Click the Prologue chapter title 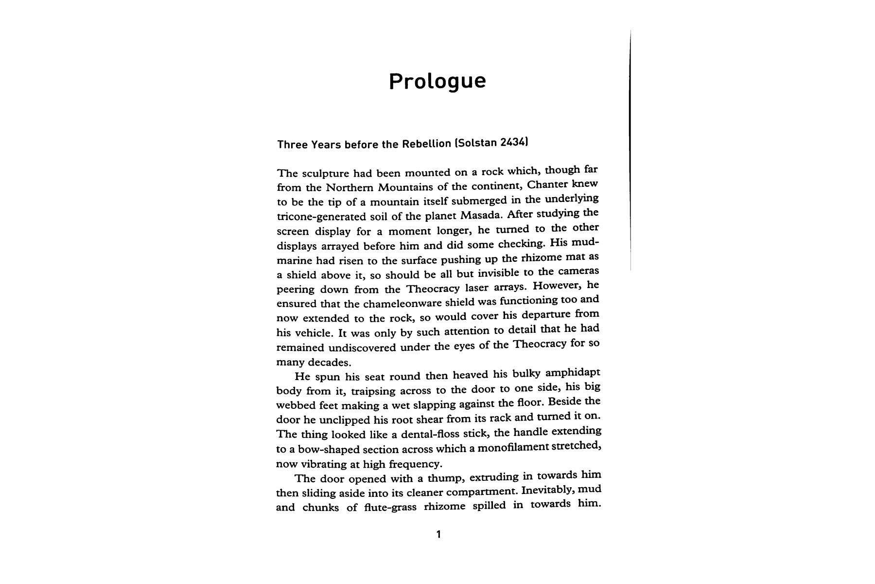pyautogui.click(x=437, y=81)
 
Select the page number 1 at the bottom pyautogui.click(x=438, y=534)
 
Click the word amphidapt pyautogui.click(x=573, y=373)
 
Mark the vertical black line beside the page pyautogui.click(x=630, y=146)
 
